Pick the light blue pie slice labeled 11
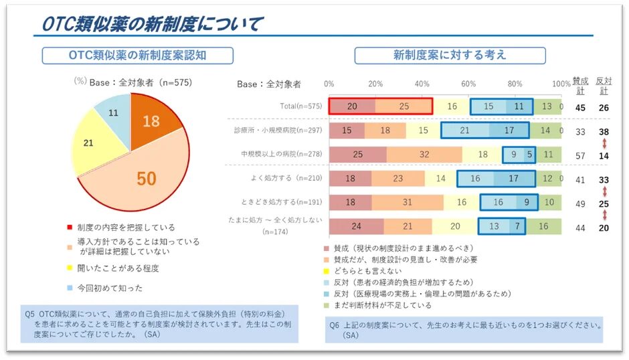(113, 113)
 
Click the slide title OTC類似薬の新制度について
(151, 24)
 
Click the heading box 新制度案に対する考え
(450, 55)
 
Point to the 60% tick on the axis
(468, 84)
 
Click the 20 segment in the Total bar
(352, 106)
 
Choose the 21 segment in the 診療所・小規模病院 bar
(464, 130)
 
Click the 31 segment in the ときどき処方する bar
(408, 203)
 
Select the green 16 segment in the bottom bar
(543, 226)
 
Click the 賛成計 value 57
(580, 156)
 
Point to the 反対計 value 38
(604, 132)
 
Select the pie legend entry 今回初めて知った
(110, 288)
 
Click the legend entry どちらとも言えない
(367, 271)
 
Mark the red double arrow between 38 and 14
(604, 144)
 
